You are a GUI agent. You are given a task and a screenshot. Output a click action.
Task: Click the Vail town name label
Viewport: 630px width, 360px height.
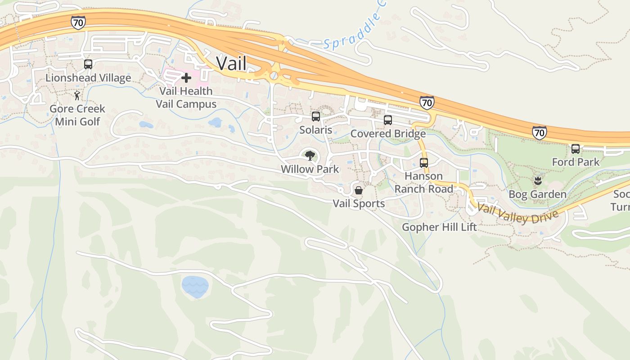(x=231, y=63)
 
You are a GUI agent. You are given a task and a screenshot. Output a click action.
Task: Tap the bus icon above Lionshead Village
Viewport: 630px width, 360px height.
(x=88, y=64)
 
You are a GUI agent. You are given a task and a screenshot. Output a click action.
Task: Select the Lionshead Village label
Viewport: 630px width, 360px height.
(x=88, y=78)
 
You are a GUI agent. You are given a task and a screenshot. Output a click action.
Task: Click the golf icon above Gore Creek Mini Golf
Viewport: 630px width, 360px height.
(x=77, y=95)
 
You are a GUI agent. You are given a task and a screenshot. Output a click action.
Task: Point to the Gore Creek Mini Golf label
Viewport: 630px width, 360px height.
(x=77, y=115)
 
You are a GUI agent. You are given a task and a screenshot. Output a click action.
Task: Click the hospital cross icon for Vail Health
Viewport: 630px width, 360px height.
(x=186, y=78)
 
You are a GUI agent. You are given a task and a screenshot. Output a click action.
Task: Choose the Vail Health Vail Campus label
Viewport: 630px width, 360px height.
(x=186, y=97)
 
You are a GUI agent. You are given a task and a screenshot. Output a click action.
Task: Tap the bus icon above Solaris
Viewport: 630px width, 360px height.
(x=316, y=117)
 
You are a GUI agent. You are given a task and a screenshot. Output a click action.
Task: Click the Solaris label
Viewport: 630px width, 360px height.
(x=316, y=130)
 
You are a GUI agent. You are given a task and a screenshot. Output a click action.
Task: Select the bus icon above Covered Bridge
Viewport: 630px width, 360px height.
(x=388, y=120)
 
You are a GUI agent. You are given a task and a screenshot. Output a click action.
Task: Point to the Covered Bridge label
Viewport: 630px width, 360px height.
(x=388, y=134)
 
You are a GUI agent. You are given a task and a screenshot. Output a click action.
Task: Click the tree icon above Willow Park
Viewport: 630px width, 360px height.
(x=310, y=156)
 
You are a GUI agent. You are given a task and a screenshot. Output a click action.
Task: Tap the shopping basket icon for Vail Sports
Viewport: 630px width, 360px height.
(x=359, y=190)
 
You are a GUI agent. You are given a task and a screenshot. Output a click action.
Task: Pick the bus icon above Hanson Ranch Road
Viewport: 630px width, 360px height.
(x=424, y=162)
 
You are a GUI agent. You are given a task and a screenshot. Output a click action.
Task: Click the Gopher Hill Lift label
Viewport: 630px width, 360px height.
(x=439, y=227)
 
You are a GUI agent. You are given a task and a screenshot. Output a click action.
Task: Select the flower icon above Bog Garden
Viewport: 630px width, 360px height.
(x=537, y=181)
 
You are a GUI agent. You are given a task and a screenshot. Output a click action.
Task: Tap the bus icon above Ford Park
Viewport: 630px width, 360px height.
(x=576, y=149)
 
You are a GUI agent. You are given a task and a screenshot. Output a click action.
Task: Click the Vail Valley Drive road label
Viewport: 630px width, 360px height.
(x=517, y=214)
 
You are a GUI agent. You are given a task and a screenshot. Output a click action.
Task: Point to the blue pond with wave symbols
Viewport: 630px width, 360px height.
(x=195, y=287)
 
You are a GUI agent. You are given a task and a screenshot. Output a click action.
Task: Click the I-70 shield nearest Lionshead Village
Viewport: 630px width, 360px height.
(x=78, y=22)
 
